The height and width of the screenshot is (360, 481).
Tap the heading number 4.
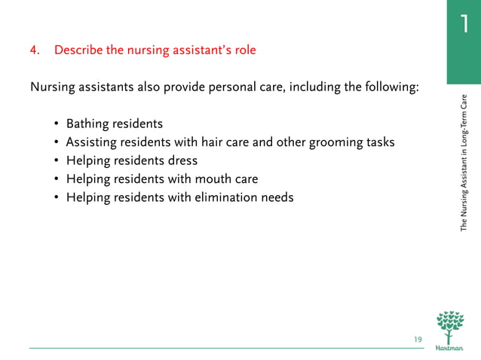click(x=34, y=51)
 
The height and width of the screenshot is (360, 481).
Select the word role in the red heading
click(x=244, y=51)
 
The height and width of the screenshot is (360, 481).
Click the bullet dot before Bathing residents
click(x=57, y=124)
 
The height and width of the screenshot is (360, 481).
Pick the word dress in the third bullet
click(x=183, y=160)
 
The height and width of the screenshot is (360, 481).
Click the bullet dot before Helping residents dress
click(x=57, y=161)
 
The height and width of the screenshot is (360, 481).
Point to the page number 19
click(x=418, y=340)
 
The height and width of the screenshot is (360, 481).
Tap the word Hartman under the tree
click(x=450, y=349)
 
